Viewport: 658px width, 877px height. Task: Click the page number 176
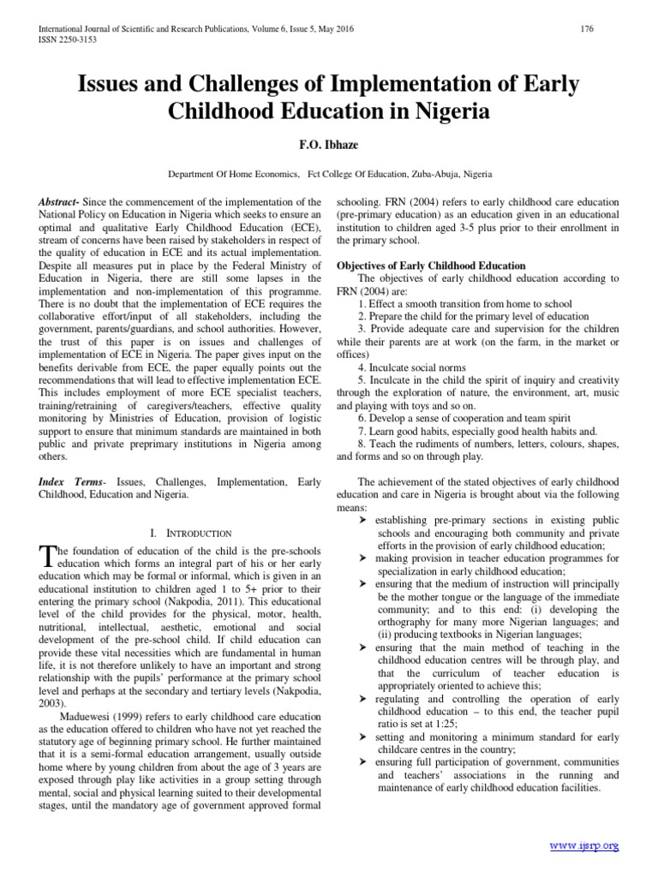588,29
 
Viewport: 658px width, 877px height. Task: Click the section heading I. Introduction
179,533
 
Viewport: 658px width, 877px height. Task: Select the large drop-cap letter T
47,557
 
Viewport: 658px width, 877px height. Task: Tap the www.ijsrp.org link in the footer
585,846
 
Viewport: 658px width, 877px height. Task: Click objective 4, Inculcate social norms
410,367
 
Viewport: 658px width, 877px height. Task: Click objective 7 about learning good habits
478,431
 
